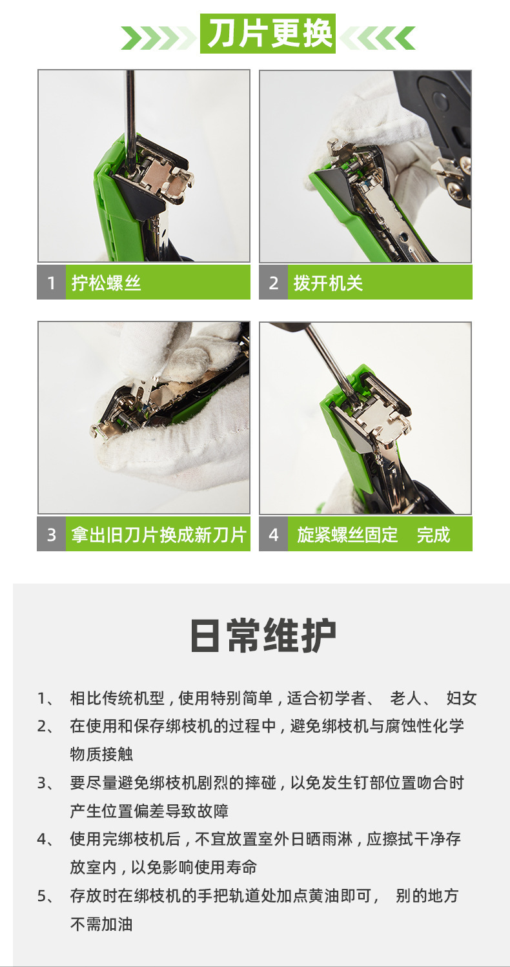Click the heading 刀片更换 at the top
(x=267, y=34)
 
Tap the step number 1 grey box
(x=51, y=283)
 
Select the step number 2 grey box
(x=273, y=283)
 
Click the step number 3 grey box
(x=51, y=534)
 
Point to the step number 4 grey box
(x=273, y=534)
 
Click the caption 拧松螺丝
(x=107, y=283)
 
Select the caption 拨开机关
(x=328, y=283)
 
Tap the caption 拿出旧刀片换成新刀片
(x=158, y=534)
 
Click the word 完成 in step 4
(x=433, y=534)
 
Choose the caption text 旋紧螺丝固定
(x=347, y=534)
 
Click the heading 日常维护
(x=262, y=636)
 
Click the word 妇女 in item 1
(x=462, y=698)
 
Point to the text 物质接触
(x=101, y=754)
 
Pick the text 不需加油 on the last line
(x=101, y=924)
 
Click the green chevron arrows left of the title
(x=159, y=38)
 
